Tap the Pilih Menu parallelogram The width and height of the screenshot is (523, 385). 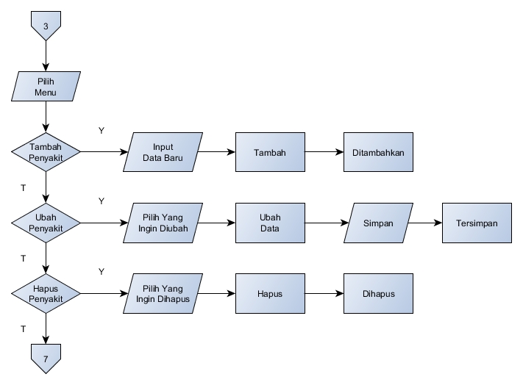tap(46, 86)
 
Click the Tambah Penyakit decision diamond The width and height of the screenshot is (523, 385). tap(46, 152)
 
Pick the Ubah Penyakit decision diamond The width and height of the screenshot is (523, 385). tap(46, 223)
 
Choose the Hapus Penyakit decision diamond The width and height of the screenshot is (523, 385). tap(46, 293)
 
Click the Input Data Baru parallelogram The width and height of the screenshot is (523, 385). tap(163, 152)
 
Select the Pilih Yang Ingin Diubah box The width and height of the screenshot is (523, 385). tap(163, 223)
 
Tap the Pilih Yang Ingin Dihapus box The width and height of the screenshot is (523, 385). tap(163, 293)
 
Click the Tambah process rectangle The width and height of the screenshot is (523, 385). tap(270, 152)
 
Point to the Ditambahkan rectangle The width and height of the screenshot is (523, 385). tap(378, 152)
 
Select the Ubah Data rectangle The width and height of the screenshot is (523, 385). tap(270, 223)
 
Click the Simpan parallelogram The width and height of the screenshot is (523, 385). tap(378, 223)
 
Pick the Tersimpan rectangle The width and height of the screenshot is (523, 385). tap(477, 223)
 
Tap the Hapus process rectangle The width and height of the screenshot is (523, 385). tap(270, 293)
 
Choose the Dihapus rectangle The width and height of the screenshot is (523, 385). tap(378, 293)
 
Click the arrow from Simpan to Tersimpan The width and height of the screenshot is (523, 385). tap(425, 223)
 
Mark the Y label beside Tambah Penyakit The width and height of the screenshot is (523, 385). tap(102, 131)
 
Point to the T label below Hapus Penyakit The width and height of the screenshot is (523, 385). tap(23, 329)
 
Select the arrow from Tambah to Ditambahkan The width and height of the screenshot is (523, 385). tap(324, 152)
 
